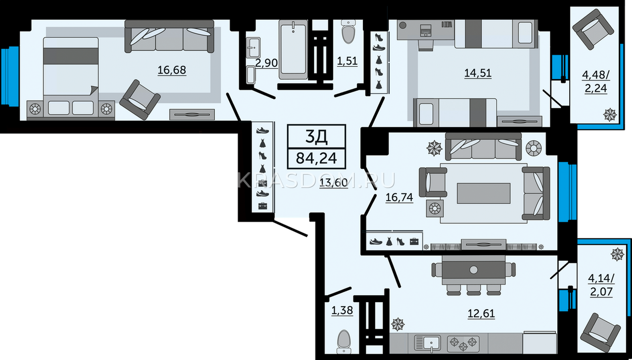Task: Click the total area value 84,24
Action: (x=316, y=158)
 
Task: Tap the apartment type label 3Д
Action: (x=316, y=137)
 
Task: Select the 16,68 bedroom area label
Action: (x=171, y=70)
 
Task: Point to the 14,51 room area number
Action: (x=478, y=73)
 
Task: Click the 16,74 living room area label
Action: (x=399, y=197)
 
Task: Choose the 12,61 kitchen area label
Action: (x=482, y=313)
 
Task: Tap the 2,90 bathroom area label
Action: (x=266, y=63)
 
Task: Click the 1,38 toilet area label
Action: (x=342, y=310)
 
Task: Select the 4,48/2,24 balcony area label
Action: (x=596, y=82)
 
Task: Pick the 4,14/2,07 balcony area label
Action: (x=601, y=285)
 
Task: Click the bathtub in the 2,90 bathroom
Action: (x=293, y=49)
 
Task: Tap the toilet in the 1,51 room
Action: (x=348, y=32)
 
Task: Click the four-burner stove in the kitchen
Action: (x=463, y=343)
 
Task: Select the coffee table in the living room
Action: (x=483, y=193)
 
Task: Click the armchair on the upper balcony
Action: (x=593, y=29)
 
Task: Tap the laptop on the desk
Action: (x=426, y=30)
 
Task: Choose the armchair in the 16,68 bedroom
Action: (x=140, y=100)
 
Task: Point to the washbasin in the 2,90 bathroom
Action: (x=253, y=48)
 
